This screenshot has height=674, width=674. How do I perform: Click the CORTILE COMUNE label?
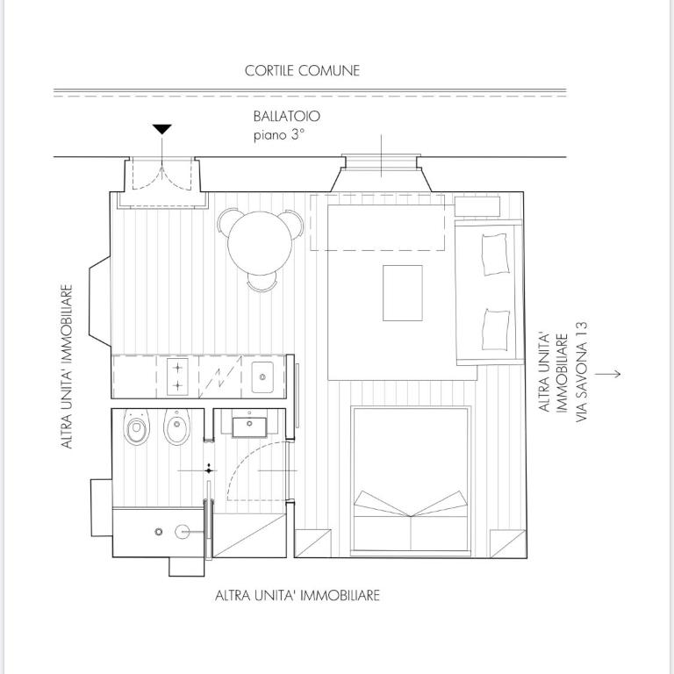pyautogui.click(x=302, y=71)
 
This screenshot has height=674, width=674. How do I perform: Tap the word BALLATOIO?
pyautogui.click(x=287, y=117)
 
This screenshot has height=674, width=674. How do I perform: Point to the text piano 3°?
pyautogui.click(x=279, y=135)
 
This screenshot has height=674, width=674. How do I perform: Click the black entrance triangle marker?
pyautogui.click(x=162, y=129)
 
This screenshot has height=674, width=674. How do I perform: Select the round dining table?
pyautogui.click(x=260, y=243)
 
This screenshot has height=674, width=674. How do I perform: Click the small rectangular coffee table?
pyautogui.click(x=403, y=293)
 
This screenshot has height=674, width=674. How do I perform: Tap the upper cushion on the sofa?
pyautogui.click(x=496, y=255)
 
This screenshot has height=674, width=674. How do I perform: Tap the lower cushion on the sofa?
pyautogui.click(x=496, y=329)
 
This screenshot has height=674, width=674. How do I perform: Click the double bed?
pyautogui.click(x=411, y=481)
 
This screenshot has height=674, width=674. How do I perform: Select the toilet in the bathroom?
pyautogui.click(x=136, y=427)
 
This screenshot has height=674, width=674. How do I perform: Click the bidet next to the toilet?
pyautogui.click(x=176, y=427)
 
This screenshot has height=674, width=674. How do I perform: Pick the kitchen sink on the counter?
pyautogui.click(x=262, y=377)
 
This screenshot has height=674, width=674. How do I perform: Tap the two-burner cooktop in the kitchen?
pyautogui.click(x=177, y=376)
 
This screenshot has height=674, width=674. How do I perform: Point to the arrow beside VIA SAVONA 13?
pyautogui.click(x=608, y=374)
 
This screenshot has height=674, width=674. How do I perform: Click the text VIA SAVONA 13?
pyautogui.click(x=581, y=372)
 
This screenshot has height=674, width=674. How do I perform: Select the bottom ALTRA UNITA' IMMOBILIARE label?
pyautogui.click(x=298, y=596)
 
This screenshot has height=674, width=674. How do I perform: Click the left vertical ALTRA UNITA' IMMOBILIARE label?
pyautogui.click(x=67, y=367)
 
